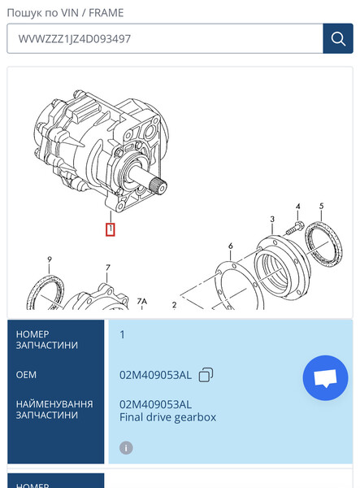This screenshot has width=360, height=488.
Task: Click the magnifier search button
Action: click(x=337, y=38)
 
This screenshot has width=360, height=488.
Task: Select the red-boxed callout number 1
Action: click(x=111, y=229)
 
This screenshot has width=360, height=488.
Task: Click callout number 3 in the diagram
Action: click(x=272, y=220)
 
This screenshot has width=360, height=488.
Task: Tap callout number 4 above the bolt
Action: click(x=298, y=207)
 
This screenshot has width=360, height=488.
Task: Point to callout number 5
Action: click(x=321, y=207)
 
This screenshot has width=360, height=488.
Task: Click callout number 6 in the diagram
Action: click(x=231, y=246)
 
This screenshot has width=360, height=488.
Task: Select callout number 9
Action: click(x=49, y=259)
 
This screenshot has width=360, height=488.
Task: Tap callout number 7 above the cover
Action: click(x=107, y=268)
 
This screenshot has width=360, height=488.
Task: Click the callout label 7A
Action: click(x=142, y=301)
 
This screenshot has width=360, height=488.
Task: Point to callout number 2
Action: click(x=174, y=305)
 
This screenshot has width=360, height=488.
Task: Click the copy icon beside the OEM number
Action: click(x=206, y=374)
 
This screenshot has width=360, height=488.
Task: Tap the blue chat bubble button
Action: click(x=325, y=378)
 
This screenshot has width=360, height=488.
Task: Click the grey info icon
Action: click(x=126, y=447)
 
